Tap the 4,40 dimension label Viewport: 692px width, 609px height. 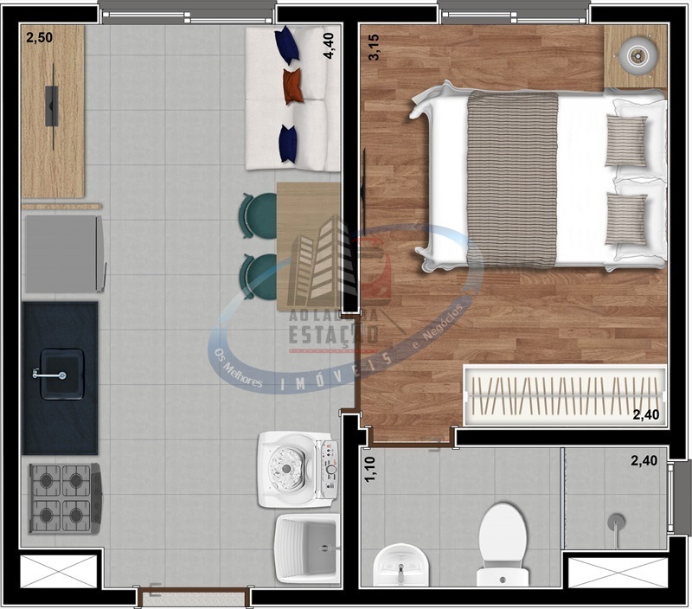tap(329, 44)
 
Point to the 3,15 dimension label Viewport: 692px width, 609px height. tap(375, 46)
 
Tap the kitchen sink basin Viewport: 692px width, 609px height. tap(61, 374)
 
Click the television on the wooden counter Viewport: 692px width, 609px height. tap(52, 106)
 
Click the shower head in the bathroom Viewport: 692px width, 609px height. tap(616, 522)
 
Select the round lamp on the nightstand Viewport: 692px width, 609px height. tap(639, 55)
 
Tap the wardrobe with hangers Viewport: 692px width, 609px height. tap(564, 395)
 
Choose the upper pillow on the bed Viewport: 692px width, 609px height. tap(625, 140)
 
